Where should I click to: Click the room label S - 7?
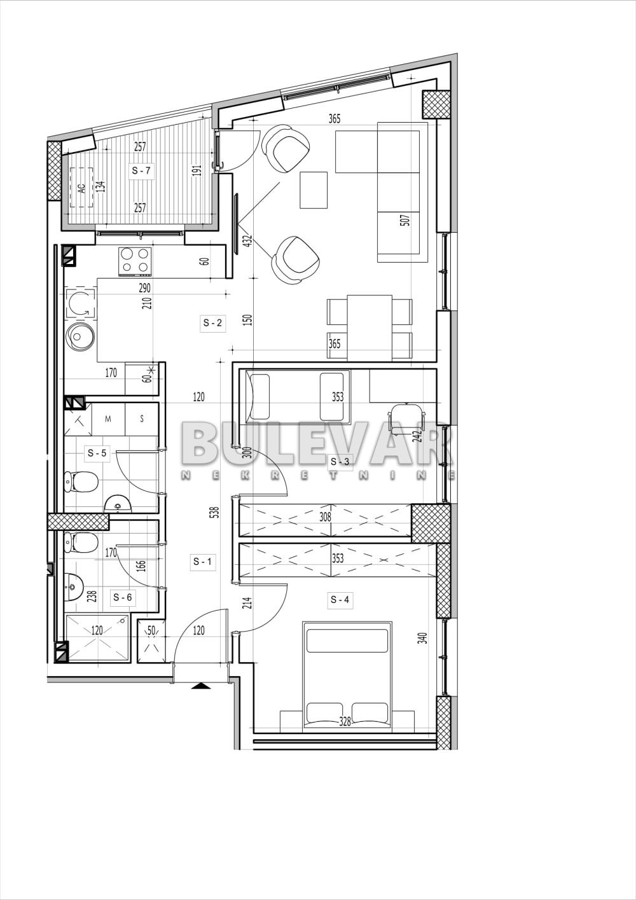[x=141, y=170]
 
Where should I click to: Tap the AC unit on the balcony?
[x=81, y=188]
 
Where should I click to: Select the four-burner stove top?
[x=135, y=261]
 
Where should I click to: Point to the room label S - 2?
[x=212, y=323]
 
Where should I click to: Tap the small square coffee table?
[x=314, y=190]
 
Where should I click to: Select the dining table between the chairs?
[x=370, y=327]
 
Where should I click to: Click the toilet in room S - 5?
[x=81, y=481]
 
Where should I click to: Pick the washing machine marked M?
[x=108, y=418]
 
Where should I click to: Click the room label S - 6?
[x=122, y=597]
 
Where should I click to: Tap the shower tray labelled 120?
[x=97, y=637]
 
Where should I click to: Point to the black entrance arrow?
[x=200, y=686]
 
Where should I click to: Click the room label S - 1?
[x=202, y=562]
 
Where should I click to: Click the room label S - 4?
[x=340, y=599]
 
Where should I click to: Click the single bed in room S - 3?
[x=299, y=396]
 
